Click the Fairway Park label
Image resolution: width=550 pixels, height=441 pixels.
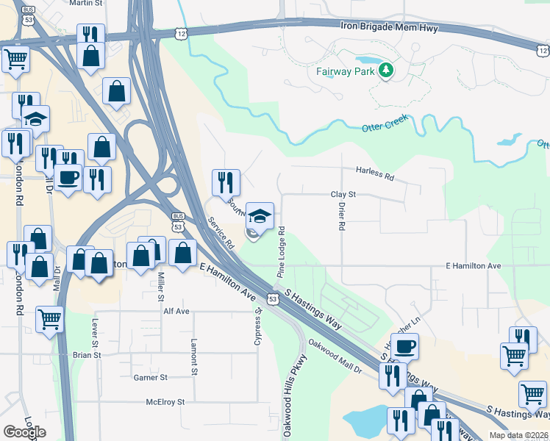[x=345, y=71]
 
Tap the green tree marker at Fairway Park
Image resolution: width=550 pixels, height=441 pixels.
[x=385, y=71]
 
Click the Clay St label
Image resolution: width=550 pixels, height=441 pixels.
[x=343, y=195]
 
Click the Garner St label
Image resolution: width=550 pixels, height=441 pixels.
[x=151, y=377]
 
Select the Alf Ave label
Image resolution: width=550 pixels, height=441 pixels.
[x=176, y=311]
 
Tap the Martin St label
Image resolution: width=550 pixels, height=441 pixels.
[x=86, y=4]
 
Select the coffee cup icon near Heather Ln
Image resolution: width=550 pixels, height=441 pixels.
[x=404, y=346]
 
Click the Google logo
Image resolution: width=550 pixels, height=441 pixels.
[x=25, y=432]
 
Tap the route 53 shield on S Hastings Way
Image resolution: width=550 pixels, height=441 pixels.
[x=273, y=299]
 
